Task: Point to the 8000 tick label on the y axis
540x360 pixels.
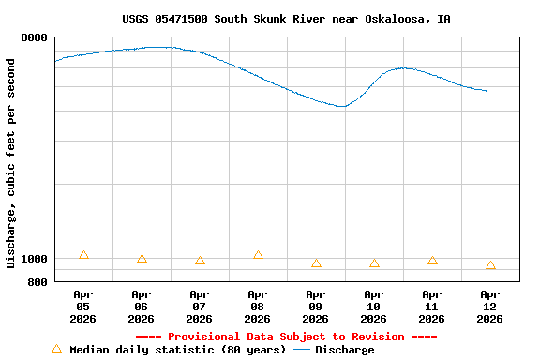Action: click(x=34, y=37)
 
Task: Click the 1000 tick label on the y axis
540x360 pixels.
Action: click(x=34, y=259)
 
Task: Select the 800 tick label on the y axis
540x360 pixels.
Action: click(x=37, y=281)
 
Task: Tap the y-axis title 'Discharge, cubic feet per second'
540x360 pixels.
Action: click(x=11, y=163)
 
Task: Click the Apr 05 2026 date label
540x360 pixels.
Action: click(x=83, y=307)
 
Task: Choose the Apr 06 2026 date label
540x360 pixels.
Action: click(x=142, y=307)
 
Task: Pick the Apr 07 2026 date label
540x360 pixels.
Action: click(x=200, y=307)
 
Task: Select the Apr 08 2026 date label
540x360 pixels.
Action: click(x=258, y=307)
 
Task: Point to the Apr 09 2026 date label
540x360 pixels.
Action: click(x=316, y=307)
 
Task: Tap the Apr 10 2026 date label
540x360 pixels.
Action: click(x=374, y=307)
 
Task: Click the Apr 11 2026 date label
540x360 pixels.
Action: click(x=432, y=307)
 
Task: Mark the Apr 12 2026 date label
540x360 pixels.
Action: click(x=490, y=307)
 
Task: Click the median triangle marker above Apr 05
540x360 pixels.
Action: click(x=83, y=255)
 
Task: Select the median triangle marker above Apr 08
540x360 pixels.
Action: click(x=258, y=255)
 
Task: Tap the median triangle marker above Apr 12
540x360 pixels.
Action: click(x=490, y=266)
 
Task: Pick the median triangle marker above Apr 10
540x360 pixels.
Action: click(x=374, y=264)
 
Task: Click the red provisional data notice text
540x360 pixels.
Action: click(x=286, y=337)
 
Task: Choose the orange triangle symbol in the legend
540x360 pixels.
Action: click(x=56, y=349)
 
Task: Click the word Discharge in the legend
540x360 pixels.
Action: click(x=344, y=350)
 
